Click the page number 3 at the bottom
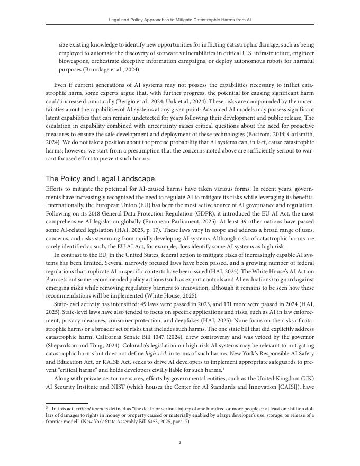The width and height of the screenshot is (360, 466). coord(180,443)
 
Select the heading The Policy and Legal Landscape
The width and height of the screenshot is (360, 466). coord(100,178)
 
